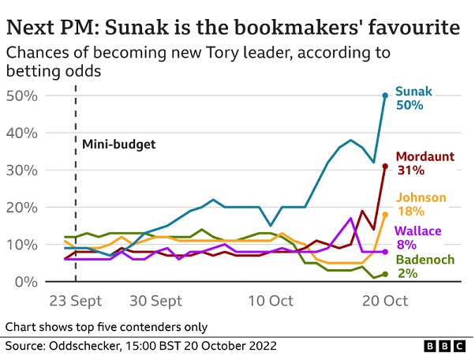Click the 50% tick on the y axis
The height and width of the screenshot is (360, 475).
(23, 96)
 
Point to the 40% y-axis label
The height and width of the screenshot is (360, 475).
(23, 133)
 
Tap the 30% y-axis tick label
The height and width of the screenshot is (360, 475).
(23, 170)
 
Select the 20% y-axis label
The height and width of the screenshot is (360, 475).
(23, 208)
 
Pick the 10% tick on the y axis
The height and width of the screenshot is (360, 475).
(23, 245)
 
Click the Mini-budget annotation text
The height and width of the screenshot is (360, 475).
(119, 144)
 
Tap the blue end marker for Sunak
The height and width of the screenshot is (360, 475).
(385, 96)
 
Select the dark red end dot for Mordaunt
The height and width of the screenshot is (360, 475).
(385, 166)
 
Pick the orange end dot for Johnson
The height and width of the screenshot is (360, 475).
(385, 214)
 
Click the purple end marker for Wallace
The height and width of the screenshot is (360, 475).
(385, 251)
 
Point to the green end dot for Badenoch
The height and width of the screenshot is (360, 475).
(385, 274)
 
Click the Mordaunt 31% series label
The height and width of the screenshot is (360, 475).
(425, 163)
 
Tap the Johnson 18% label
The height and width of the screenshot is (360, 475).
(420, 204)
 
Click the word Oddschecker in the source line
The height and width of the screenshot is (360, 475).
(82, 347)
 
